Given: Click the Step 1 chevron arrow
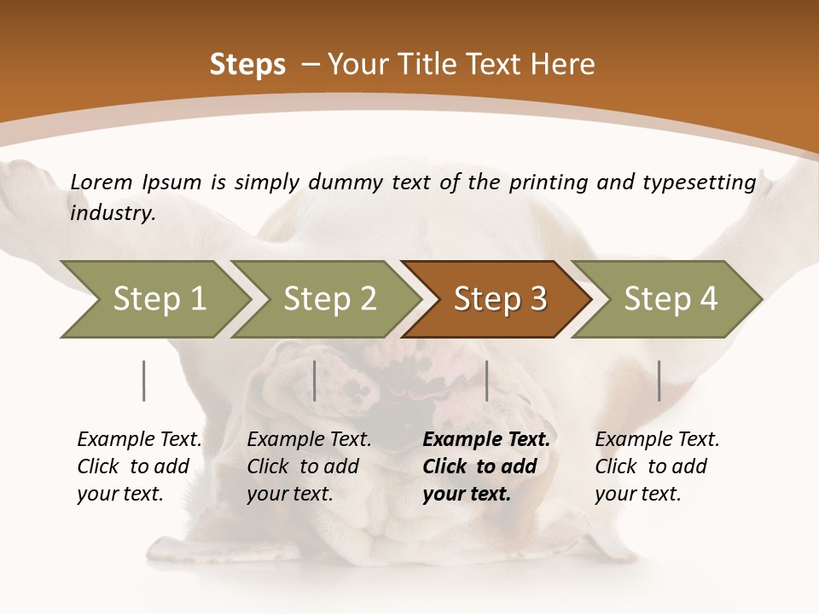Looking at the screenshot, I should pos(159,299).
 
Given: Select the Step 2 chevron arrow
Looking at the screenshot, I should pos(329,299).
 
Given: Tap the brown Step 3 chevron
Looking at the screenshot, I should pos(499,299).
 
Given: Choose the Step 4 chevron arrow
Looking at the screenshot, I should pos(670,299).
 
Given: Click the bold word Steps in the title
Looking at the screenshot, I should pos(247,65).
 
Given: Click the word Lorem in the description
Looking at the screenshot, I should pos(102,182).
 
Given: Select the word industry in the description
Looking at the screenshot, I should pos(112,213).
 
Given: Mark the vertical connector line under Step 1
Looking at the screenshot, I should pos(144,380).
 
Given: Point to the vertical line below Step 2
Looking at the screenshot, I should pos(315,380).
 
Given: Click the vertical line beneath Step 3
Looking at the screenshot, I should pos(486,380).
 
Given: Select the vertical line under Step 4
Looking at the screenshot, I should pos(659,380).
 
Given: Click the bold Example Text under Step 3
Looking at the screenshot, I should pos(486,440).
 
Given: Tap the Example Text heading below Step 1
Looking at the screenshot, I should pos(139,440).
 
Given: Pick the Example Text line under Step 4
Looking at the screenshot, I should pos(657,440).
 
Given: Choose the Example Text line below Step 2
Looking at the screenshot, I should pos(309,440).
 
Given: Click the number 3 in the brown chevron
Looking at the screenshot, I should pos(537,299).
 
